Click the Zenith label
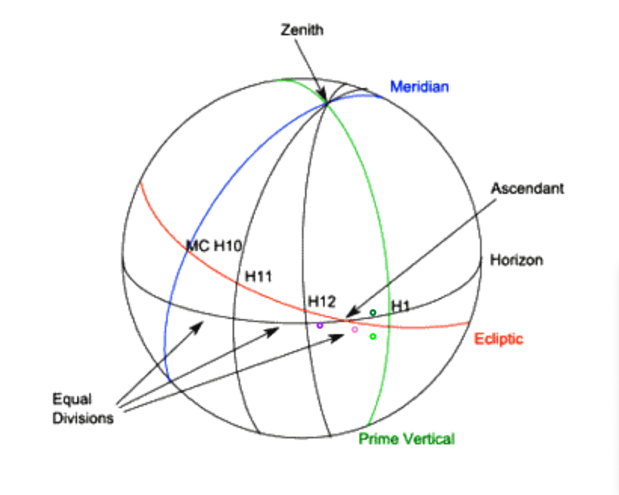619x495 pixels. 302,30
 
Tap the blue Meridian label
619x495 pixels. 420,87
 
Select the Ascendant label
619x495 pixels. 527,188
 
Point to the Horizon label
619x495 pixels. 516,260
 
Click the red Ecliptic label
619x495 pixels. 499,339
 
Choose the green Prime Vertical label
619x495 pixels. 407,439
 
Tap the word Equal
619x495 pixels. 72,399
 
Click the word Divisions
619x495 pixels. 83,418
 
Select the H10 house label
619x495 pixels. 227,246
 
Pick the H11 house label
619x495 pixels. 259,276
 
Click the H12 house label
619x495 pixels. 322,302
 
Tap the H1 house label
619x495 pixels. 400,306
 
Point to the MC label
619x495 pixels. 198,246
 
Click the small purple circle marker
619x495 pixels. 320,326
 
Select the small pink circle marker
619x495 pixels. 354,329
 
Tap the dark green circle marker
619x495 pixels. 372,313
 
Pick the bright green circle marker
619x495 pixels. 372,336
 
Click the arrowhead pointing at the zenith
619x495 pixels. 323,96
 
